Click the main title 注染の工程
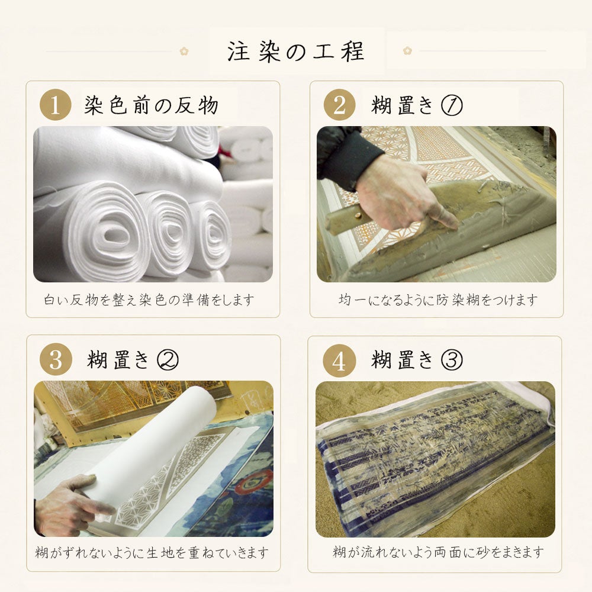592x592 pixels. click(295, 52)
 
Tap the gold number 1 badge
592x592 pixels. click(56, 105)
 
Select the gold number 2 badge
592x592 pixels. click(339, 105)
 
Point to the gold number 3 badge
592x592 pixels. click(56, 359)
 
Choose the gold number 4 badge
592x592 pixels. click(339, 361)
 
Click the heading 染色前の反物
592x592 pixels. click(151, 105)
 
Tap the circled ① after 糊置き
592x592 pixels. click(452, 105)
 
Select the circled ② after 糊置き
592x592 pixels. click(168, 359)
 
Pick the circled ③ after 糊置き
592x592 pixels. click(452, 359)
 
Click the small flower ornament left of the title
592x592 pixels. click(184, 51)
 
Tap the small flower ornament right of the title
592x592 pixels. click(407, 50)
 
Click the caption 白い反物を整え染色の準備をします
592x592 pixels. click(149, 300)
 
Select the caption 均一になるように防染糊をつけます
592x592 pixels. click(438, 300)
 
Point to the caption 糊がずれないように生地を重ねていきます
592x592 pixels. click(152, 553)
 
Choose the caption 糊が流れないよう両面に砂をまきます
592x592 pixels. click(438, 552)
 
